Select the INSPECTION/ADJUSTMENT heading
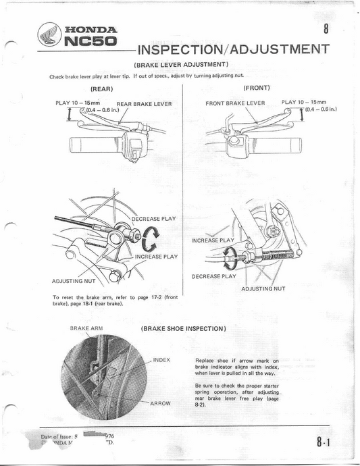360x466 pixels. (232, 49)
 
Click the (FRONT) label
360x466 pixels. (256, 88)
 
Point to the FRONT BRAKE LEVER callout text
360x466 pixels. (235, 103)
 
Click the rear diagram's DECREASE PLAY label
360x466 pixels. (154, 219)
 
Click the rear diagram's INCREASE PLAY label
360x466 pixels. (156, 256)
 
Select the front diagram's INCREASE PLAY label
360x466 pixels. (213, 240)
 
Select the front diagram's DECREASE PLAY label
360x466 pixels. (214, 276)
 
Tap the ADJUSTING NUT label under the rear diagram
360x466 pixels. (74, 281)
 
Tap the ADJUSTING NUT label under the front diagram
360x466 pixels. (263, 288)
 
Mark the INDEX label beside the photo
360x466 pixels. (163, 360)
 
